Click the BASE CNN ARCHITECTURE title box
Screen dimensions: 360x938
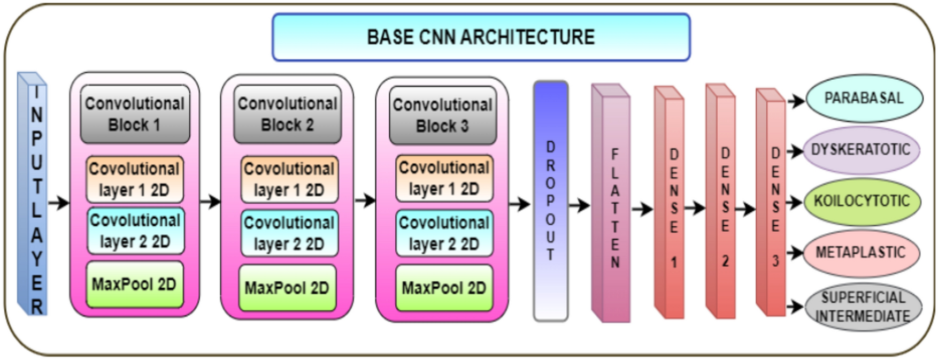(481, 37)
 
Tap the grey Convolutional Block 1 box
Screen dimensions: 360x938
(135, 114)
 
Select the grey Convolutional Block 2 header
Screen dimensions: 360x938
(287, 114)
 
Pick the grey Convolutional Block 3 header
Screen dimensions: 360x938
(442, 115)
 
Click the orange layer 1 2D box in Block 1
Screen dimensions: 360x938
(135, 179)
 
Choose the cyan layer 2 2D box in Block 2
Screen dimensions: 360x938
(289, 233)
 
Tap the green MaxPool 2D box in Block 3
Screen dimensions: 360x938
(444, 288)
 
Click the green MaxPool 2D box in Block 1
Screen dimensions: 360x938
(135, 284)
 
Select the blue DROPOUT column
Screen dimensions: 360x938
(550, 201)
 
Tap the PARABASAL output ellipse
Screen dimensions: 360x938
(863, 98)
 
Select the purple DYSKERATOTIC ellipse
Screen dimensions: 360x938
(860, 150)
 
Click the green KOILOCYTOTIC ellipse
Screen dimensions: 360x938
(861, 201)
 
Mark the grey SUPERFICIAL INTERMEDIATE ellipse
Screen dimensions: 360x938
(862, 307)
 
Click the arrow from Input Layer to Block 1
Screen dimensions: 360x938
(58, 203)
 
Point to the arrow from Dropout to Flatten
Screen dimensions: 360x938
(579, 205)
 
